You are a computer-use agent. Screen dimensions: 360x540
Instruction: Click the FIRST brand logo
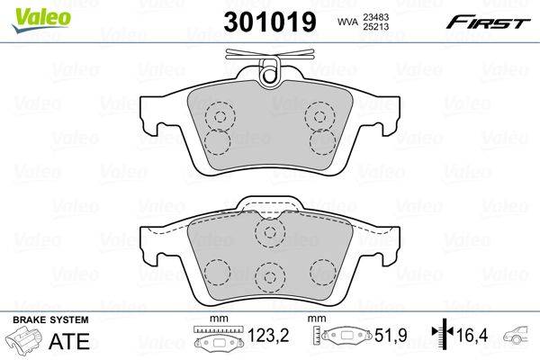(x=489, y=21)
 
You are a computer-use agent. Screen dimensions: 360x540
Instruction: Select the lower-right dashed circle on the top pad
(x=322, y=141)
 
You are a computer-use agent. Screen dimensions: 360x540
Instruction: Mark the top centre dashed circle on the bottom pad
(x=269, y=233)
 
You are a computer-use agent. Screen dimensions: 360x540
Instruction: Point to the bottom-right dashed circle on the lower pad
(x=322, y=270)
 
